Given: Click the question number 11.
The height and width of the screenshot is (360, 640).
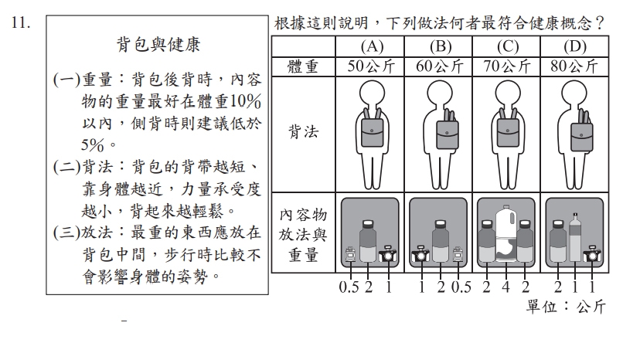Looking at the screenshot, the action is click(21, 23).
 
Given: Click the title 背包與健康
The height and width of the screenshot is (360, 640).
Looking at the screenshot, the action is click(158, 45).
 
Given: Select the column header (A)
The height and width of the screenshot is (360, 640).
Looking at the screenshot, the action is click(372, 46).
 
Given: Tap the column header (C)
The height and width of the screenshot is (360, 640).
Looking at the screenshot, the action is click(507, 46).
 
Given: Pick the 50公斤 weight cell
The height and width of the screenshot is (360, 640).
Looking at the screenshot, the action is click(371, 66).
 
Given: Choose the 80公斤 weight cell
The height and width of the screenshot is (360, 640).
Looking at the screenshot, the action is click(574, 66).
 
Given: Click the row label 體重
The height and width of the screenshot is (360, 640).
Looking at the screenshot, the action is click(302, 66).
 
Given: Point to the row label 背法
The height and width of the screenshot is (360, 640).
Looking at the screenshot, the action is click(303, 132).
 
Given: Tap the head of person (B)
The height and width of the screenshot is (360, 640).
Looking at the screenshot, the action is click(440, 93).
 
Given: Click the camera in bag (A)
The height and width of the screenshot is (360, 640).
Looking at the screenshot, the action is click(388, 254).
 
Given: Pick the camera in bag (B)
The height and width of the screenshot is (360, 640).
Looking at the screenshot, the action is click(420, 254).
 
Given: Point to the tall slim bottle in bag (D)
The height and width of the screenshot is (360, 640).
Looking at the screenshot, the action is click(575, 237).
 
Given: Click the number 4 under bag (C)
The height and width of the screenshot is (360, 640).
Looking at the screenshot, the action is click(506, 287).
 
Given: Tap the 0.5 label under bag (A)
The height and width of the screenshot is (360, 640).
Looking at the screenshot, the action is click(349, 287).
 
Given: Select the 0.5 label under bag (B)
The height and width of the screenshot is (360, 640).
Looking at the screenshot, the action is click(461, 287).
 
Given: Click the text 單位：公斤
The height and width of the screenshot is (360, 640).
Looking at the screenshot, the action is click(566, 306).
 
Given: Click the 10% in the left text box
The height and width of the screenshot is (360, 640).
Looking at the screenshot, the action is click(246, 102).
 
